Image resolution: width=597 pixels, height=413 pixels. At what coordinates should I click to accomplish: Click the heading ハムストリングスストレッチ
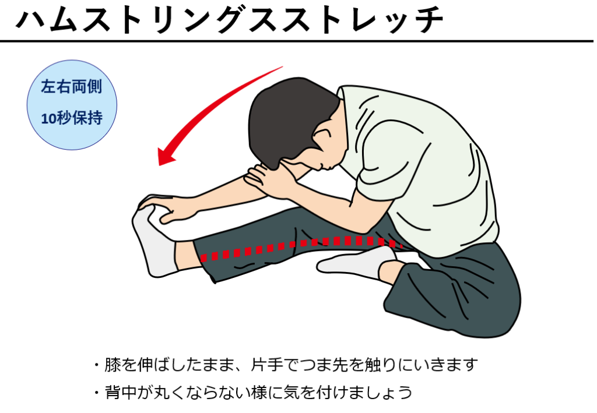(x=230, y=20)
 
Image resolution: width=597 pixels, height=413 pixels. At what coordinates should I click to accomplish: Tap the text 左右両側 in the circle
(x=72, y=87)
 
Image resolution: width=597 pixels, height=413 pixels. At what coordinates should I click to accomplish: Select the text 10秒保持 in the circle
(x=72, y=118)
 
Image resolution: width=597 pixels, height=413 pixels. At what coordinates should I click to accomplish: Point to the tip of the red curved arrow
(x=159, y=165)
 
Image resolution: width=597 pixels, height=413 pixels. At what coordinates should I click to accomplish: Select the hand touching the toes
(x=167, y=207)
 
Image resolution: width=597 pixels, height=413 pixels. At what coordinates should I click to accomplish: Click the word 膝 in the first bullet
(x=113, y=365)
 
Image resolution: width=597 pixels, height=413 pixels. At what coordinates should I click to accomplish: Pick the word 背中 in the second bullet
(x=121, y=392)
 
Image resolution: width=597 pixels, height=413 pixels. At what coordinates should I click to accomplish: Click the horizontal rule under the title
(x=297, y=41)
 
